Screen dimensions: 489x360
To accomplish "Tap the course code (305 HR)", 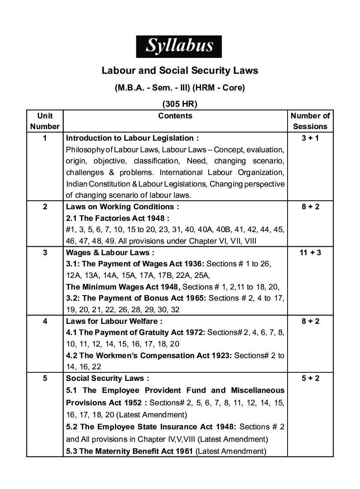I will [180, 103].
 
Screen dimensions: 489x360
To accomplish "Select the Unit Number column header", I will [45, 121].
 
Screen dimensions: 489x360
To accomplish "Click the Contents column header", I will [175, 116].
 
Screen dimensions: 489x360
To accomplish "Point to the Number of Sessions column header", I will [310, 121].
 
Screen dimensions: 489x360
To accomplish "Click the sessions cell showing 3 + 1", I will [310, 138].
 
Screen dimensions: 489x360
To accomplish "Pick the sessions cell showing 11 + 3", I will [310, 252].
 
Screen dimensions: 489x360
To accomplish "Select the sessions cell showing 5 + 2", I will [310, 378].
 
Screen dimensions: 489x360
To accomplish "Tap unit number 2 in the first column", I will [45, 206].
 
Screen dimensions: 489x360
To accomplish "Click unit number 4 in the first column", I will [45, 321].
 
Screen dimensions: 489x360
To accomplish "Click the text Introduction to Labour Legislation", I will [132, 138].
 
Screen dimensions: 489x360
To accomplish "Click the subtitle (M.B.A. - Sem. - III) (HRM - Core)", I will [180, 88].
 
